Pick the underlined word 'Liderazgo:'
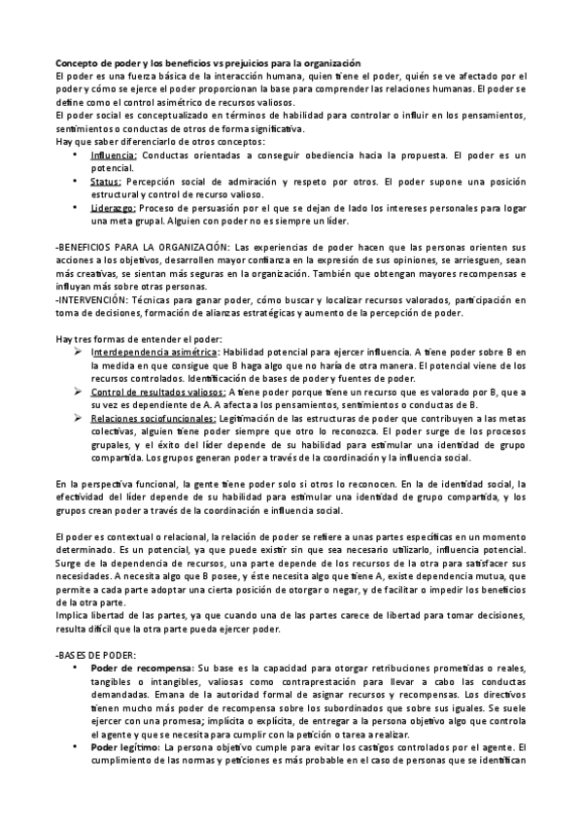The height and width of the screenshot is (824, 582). (114, 208)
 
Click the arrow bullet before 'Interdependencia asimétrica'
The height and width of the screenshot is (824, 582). (77, 351)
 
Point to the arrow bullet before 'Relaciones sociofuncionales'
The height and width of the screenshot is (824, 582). (77, 417)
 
